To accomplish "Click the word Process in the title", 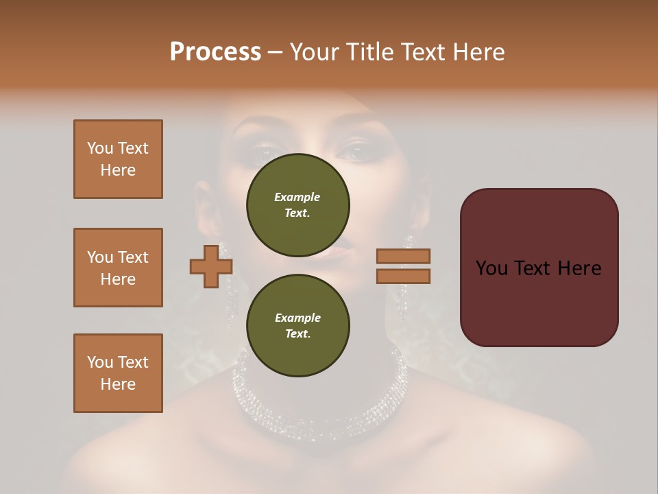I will point(215,52).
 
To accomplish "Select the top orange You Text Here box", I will point(118,159).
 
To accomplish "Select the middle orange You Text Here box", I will point(118,268).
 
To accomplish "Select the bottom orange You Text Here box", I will point(118,373).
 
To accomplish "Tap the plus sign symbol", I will point(211,266).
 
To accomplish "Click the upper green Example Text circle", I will point(297,204).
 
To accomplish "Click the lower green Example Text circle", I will point(297,325).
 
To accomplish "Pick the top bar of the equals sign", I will point(404,256).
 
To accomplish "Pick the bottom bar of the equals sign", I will point(404,276).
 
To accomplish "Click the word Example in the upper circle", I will point(297,197).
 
